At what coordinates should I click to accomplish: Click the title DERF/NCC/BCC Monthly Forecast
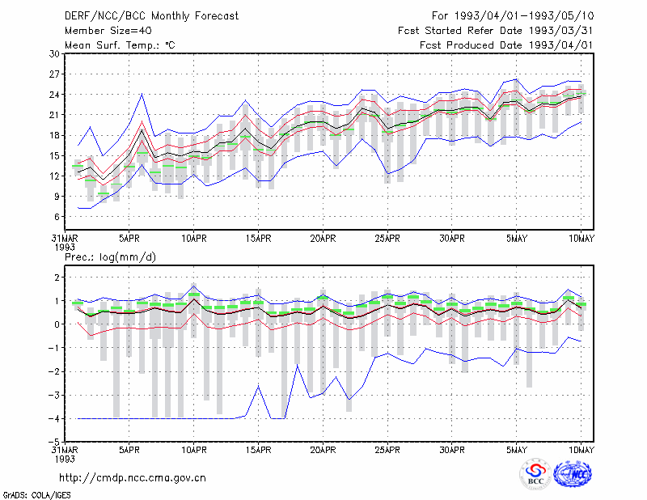[x=151, y=16]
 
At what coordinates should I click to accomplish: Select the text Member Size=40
[x=108, y=31]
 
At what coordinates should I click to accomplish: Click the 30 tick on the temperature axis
[x=54, y=54]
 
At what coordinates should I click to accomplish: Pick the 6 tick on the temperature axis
[x=57, y=217]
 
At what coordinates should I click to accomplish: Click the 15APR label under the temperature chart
[x=258, y=239]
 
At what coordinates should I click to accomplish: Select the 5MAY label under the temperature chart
[x=517, y=239]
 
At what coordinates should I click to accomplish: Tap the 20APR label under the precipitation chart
[x=323, y=450]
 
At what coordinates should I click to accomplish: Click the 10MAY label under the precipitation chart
[x=581, y=450]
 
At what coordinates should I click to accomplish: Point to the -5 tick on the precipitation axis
[x=54, y=443]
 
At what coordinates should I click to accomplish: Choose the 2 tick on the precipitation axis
[x=57, y=278]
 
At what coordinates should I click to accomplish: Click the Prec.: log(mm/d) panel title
[x=110, y=257]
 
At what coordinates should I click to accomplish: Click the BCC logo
[x=535, y=474]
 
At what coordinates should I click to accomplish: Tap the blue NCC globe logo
[x=573, y=474]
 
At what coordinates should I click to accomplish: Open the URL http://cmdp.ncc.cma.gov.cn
[x=133, y=478]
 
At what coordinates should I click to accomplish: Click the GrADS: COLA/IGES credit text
[x=36, y=495]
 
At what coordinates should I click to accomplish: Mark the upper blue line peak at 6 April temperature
[x=142, y=94]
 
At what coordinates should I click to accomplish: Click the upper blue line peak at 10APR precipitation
[x=194, y=286]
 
